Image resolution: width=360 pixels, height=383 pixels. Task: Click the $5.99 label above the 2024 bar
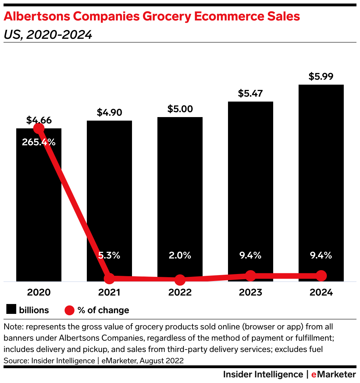tap(321, 77)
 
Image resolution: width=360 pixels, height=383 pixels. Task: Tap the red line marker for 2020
tap(39, 129)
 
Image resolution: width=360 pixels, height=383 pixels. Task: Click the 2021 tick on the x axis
tap(109, 292)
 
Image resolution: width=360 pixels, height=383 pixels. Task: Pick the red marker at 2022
tap(180, 280)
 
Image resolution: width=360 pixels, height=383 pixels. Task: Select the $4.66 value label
tap(39, 120)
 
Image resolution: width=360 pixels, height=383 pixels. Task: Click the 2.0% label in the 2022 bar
tap(180, 255)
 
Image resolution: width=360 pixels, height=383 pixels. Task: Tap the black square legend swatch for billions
tap(11, 310)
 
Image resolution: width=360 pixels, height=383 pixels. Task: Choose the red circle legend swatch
tap(70, 310)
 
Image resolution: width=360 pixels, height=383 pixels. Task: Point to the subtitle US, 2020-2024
tap(48, 35)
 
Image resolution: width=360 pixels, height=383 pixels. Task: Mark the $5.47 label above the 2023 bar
tap(251, 93)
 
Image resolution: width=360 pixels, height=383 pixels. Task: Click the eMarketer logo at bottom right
tap(334, 374)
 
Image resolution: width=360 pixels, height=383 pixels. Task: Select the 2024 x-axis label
tap(321, 292)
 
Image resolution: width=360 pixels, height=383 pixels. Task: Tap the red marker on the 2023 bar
tap(251, 276)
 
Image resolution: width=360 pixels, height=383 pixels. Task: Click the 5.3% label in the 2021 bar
tap(109, 255)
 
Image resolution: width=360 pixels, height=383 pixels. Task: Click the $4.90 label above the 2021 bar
tap(109, 113)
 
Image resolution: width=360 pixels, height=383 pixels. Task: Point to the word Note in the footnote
tap(11, 327)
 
